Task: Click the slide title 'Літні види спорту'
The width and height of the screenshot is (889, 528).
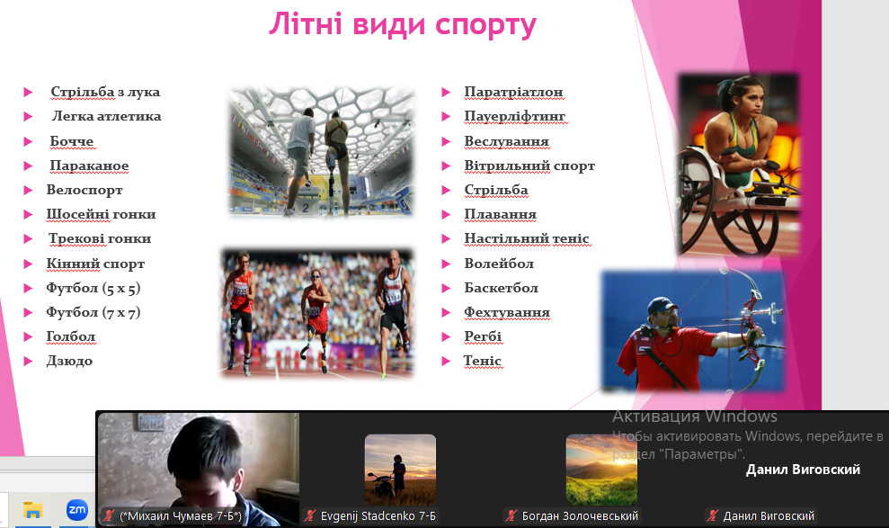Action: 403,25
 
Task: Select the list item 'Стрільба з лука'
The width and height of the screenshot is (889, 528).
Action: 105,92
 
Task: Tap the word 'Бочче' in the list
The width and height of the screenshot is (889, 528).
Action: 71,141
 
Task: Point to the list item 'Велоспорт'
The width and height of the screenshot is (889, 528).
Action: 84,190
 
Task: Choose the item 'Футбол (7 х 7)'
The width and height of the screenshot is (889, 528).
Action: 93,312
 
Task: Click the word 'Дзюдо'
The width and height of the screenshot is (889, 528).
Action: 69,362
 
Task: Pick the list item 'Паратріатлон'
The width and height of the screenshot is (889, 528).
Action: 513,92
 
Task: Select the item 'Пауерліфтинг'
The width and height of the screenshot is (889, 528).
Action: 515,116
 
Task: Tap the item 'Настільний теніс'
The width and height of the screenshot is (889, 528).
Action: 527,238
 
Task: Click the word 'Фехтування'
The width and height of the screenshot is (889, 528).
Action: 507,312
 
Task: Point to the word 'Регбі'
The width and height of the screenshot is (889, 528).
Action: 483,337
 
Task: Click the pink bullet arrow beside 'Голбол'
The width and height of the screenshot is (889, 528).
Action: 28,337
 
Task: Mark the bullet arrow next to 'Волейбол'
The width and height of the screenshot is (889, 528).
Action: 446,264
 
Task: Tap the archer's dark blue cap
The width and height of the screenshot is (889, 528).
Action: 662,306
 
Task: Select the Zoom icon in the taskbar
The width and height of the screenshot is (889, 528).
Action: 77,509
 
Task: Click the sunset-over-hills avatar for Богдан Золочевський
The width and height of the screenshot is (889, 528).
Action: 601,470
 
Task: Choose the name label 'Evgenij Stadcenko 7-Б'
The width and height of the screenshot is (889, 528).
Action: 378,516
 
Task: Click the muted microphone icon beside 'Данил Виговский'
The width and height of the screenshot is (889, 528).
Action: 712,516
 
